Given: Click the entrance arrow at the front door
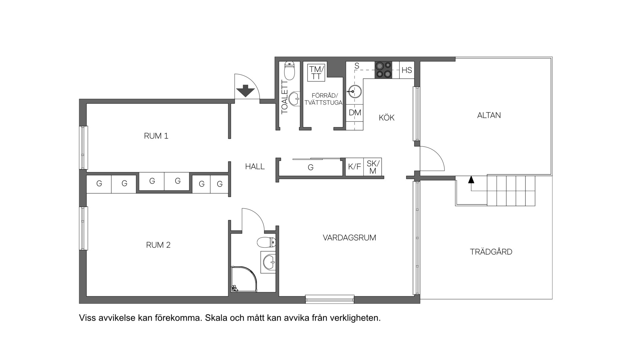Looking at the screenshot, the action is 245,91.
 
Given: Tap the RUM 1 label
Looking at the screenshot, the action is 156,136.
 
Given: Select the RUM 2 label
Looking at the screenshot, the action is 158,245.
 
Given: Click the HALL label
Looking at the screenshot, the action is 255,167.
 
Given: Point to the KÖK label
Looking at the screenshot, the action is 386,117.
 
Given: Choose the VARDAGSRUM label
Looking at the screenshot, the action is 349,238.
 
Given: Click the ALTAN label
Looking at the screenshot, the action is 489,115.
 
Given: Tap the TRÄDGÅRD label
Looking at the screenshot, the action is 491,252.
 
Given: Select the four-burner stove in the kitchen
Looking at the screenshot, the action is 383,70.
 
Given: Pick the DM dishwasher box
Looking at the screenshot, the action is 354,113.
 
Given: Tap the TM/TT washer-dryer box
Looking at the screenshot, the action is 316,73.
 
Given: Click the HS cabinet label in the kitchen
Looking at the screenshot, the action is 407,70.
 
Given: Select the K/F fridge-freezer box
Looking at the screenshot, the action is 354,167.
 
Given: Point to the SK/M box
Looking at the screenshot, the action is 372,167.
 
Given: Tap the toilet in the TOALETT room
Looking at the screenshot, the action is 290,71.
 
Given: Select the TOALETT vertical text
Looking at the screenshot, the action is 285,97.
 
